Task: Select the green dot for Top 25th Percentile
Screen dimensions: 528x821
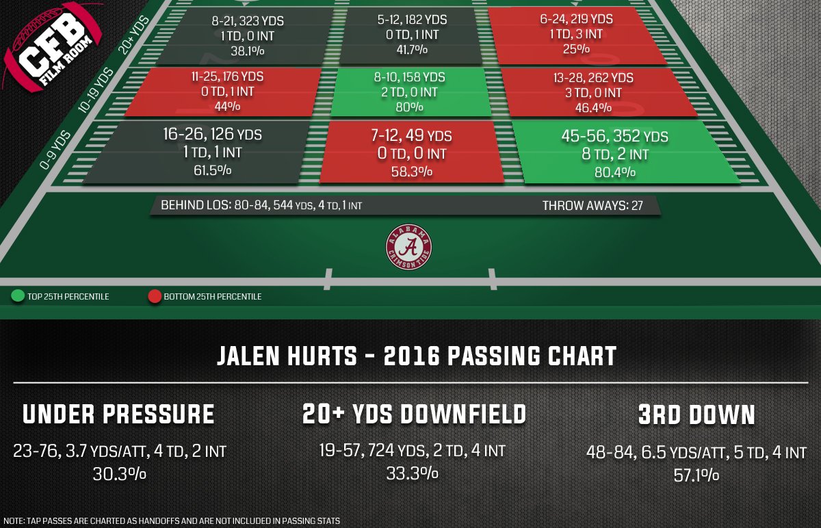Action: [18, 297]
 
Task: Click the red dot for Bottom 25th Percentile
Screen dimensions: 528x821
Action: [154, 297]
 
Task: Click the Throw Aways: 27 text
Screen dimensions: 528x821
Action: [592, 205]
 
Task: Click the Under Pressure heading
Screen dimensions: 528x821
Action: [119, 414]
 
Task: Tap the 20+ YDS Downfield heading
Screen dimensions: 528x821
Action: [414, 414]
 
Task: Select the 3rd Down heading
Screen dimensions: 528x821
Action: [696, 414]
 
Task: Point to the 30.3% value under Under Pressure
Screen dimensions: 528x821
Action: [119, 474]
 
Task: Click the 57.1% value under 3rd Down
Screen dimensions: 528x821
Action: [696, 474]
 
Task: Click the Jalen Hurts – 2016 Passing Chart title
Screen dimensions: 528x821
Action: [417, 356]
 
